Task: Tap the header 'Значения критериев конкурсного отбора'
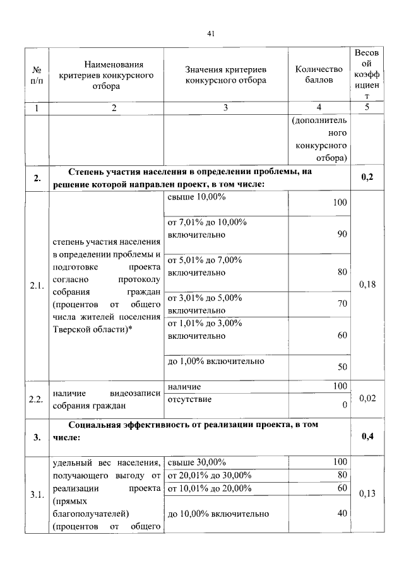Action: point(225,74)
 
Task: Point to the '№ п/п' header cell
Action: point(37,74)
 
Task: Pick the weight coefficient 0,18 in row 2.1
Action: point(367,285)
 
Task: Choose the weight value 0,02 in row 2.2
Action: point(367,398)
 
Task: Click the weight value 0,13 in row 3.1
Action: point(367,493)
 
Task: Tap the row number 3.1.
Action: point(37,494)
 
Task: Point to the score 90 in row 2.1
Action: point(342,235)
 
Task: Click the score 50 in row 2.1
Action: point(342,367)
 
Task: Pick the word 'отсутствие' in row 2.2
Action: point(189,399)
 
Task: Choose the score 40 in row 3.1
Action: point(342,513)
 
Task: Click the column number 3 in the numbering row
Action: point(225,108)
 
